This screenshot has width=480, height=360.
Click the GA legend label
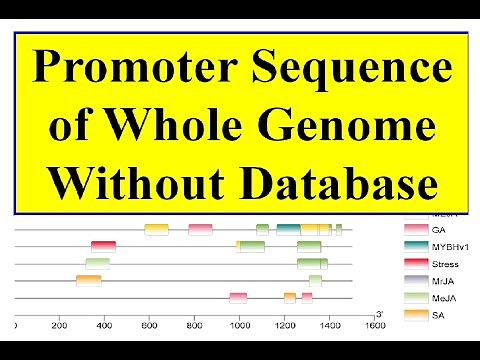tap(438, 230)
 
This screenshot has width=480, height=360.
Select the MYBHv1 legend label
tap(446, 247)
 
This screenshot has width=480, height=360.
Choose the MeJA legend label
tap(444, 298)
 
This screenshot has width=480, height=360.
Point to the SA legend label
tap(438, 315)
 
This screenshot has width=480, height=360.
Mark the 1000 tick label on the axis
tap(238, 326)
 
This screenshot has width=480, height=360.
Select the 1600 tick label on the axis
tap(374, 326)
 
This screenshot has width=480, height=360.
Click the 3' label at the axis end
tap(378, 312)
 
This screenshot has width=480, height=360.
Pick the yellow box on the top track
tap(156, 230)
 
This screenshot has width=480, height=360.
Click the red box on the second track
tap(103, 247)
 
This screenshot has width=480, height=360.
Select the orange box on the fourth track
tap(88, 281)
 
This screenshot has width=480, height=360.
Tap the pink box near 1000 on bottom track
tap(238, 297)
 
